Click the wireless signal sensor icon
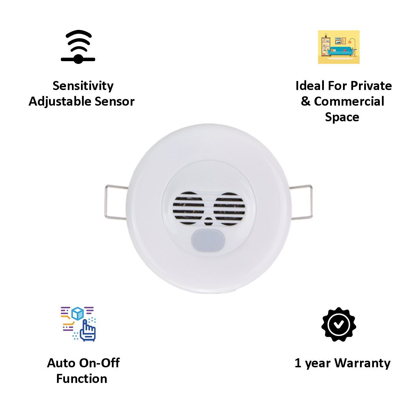coord(78,47)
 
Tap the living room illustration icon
coord(338,47)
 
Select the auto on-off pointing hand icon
coord(79,324)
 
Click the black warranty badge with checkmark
coord(338,324)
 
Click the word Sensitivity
coord(83,86)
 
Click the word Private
coord(371,86)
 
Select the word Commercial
coord(349,101)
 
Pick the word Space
coord(342,117)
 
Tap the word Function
coord(82,378)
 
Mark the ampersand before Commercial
coord(305,101)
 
